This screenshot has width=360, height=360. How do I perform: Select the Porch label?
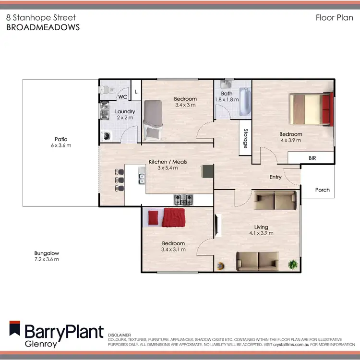pos(323,190)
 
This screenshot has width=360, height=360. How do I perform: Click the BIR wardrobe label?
pos(312,157)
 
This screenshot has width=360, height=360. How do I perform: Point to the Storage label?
pos(245,138)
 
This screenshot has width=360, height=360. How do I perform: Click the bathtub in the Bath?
pos(245,102)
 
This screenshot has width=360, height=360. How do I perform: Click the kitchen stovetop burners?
pos(183,199)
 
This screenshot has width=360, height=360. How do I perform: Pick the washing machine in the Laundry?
pos(106,135)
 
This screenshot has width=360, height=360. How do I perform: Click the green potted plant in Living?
pos(292,264)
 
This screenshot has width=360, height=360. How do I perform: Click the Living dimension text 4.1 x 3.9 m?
pos(262,234)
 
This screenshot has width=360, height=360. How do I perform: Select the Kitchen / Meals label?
pos(163,162)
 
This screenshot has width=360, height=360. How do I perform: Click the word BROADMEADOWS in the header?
pos(43,27)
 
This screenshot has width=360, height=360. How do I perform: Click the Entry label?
pos(276,177)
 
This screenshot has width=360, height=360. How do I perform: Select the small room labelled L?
pos(136,91)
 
